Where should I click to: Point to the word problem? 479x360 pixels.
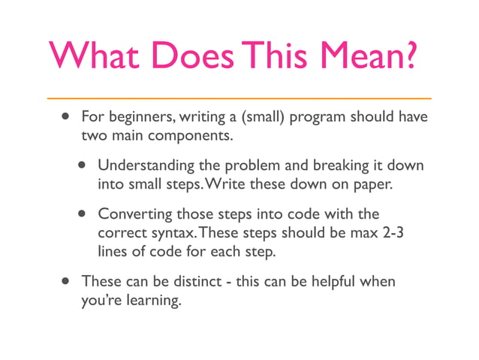coord(252,165)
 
